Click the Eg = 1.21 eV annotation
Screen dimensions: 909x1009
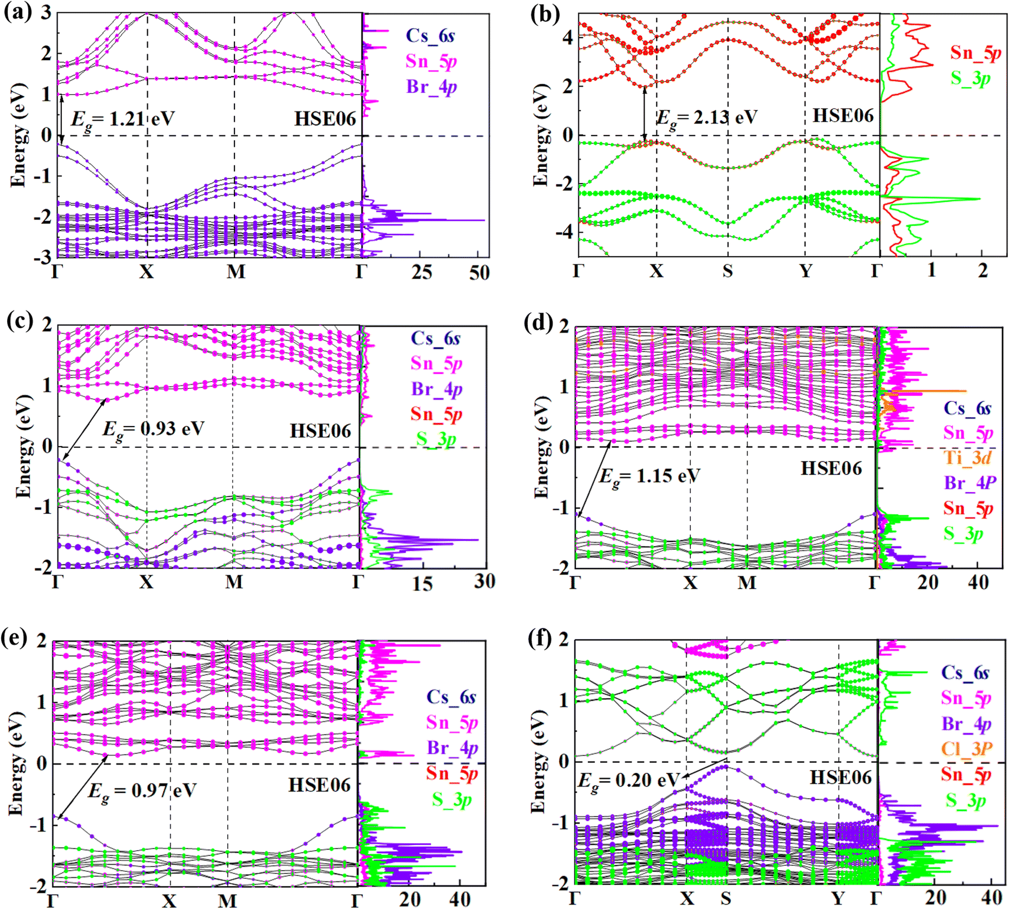click(123, 120)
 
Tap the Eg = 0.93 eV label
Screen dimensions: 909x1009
click(153, 429)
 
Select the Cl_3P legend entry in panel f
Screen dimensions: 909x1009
click(967, 749)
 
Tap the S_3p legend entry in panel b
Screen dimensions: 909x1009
click(970, 78)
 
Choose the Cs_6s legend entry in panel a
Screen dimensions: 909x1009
click(430, 36)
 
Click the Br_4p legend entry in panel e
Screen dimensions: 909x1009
click(452, 748)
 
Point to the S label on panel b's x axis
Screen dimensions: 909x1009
click(728, 271)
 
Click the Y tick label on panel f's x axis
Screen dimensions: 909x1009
click(838, 898)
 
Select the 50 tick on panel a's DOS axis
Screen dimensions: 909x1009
click(479, 273)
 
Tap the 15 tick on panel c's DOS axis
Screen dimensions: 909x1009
click(422, 583)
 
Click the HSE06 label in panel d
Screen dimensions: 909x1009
click(831, 469)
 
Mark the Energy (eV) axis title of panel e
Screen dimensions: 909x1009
click(16, 764)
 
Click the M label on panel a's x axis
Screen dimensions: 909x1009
click(236, 272)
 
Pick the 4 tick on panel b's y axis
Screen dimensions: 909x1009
click(567, 38)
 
